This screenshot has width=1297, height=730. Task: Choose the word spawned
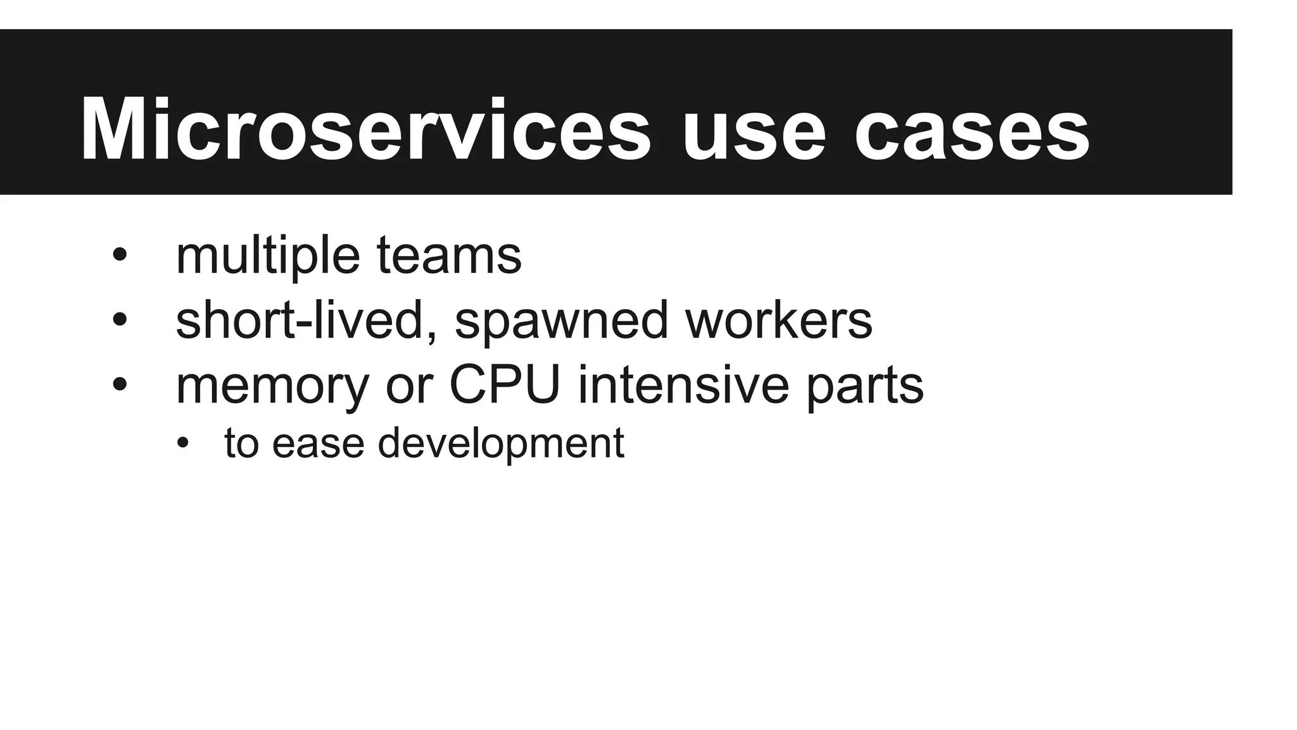click(561, 322)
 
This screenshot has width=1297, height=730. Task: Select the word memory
click(272, 387)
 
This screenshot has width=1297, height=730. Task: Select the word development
click(501, 444)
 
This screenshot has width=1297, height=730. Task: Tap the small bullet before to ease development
click(183, 443)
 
